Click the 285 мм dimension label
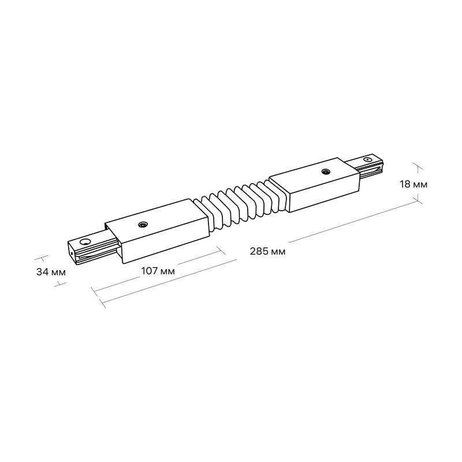pyautogui.click(x=267, y=251)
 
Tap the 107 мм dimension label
pyautogui.click(x=158, y=271)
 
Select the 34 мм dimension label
pyautogui.click(x=51, y=272)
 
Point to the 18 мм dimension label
pyautogui.click(x=413, y=184)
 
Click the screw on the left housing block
pyautogui.click(x=142, y=225)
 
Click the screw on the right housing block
pyautogui.click(x=326, y=171)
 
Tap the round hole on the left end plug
pyautogui.click(x=85, y=243)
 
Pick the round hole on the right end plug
pyautogui.click(x=367, y=160)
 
